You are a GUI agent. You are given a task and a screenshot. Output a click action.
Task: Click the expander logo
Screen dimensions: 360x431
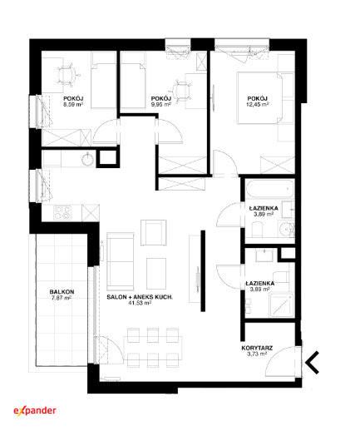point(35,411)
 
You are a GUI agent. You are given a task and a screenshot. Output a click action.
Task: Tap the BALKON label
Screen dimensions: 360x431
point(62,292)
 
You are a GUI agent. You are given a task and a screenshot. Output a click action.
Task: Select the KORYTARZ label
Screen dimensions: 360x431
point(257,348)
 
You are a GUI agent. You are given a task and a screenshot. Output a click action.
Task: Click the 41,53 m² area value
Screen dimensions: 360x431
point(140,303)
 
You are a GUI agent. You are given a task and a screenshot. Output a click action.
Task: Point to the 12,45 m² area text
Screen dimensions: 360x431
point(258,104)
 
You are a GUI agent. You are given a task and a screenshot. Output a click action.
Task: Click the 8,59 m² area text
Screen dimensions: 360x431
point(73,104)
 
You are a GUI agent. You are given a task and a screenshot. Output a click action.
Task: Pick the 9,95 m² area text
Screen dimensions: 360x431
point(160,104)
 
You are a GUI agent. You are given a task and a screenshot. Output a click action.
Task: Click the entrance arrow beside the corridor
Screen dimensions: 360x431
point(313,362)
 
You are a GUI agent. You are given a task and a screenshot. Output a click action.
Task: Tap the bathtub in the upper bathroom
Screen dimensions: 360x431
point(270,189)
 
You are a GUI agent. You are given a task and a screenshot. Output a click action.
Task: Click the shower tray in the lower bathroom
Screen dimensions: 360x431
point(281,305)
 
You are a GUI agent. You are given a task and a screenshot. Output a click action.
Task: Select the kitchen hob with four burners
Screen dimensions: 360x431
point(62,213)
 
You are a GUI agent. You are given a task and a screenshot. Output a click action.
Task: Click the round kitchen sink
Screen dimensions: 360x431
point(87,159)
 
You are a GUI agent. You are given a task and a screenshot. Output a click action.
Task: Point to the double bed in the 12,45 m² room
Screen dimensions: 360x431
point(265,98)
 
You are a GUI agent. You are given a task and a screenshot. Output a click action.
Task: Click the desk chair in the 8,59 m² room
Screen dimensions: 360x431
point(67,74)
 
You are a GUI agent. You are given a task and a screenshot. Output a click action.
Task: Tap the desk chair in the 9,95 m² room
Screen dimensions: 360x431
point(182,91)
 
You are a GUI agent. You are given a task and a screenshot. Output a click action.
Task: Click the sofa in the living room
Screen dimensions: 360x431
point(121,261)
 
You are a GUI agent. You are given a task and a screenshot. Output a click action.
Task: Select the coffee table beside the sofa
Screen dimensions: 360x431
point(156,274)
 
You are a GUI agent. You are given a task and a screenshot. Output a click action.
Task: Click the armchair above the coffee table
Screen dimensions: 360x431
point(154,232)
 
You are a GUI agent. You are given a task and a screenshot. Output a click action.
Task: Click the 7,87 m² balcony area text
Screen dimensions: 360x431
point(62,298)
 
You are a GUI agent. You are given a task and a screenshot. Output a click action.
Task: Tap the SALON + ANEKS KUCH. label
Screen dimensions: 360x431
point(140,297)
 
